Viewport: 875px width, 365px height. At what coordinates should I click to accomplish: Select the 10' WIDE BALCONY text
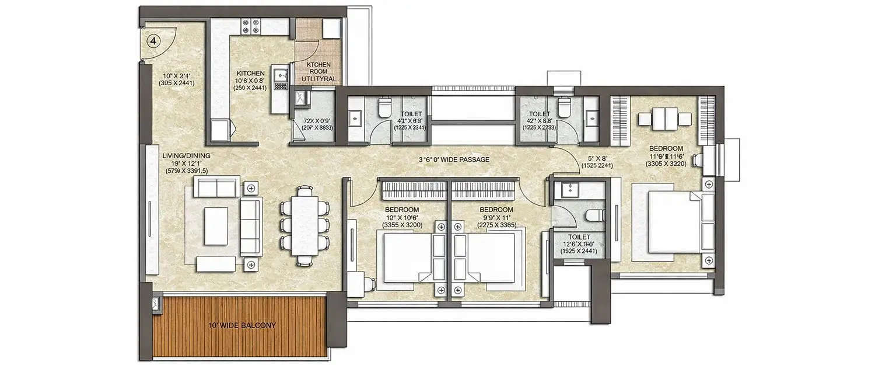[241, 325]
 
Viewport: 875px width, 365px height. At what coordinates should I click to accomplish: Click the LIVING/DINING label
[186, 155]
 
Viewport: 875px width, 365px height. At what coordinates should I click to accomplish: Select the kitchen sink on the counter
[281, 75]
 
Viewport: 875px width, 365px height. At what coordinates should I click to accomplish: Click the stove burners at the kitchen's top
[254, 25]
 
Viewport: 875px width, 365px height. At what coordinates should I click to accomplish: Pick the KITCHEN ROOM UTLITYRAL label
[319, 71]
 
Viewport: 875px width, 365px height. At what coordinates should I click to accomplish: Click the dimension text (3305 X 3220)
[667, 165]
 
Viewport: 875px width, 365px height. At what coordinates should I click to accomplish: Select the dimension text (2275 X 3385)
[496, 224]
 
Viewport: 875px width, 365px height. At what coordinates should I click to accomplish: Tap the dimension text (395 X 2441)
[176, 84]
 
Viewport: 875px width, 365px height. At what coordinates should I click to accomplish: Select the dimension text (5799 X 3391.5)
[186, 172]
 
